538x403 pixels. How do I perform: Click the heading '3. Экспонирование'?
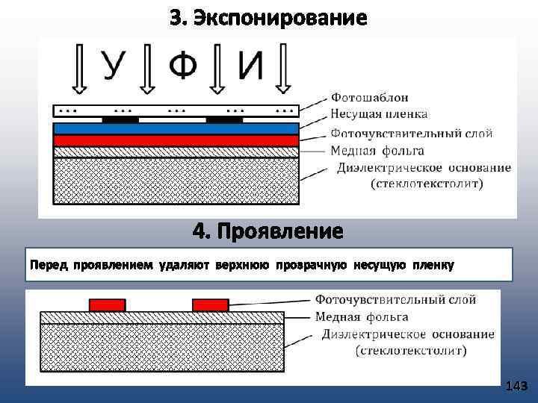[268, 17]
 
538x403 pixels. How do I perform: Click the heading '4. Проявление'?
[268, 231]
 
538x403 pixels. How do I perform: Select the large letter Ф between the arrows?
[182, 66]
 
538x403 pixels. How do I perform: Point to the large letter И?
[251, 66]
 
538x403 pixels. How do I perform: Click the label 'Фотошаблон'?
[369, 98]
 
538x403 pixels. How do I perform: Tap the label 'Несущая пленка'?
[379, 114]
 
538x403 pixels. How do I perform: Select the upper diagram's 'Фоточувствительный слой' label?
[411, 134]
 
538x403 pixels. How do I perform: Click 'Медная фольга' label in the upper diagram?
[377, 149]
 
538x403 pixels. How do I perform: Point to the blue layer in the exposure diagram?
[176, 129]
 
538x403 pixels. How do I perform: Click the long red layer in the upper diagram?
[176, 140]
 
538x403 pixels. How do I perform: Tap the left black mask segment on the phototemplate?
[120, 119]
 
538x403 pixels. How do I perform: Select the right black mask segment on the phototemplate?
[223, 119]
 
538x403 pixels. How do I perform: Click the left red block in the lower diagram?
[108, 304]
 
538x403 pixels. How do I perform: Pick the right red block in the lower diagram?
[210, 304]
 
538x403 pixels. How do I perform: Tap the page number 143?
[516, 386]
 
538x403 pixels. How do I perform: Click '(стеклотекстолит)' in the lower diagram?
[411, 349]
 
